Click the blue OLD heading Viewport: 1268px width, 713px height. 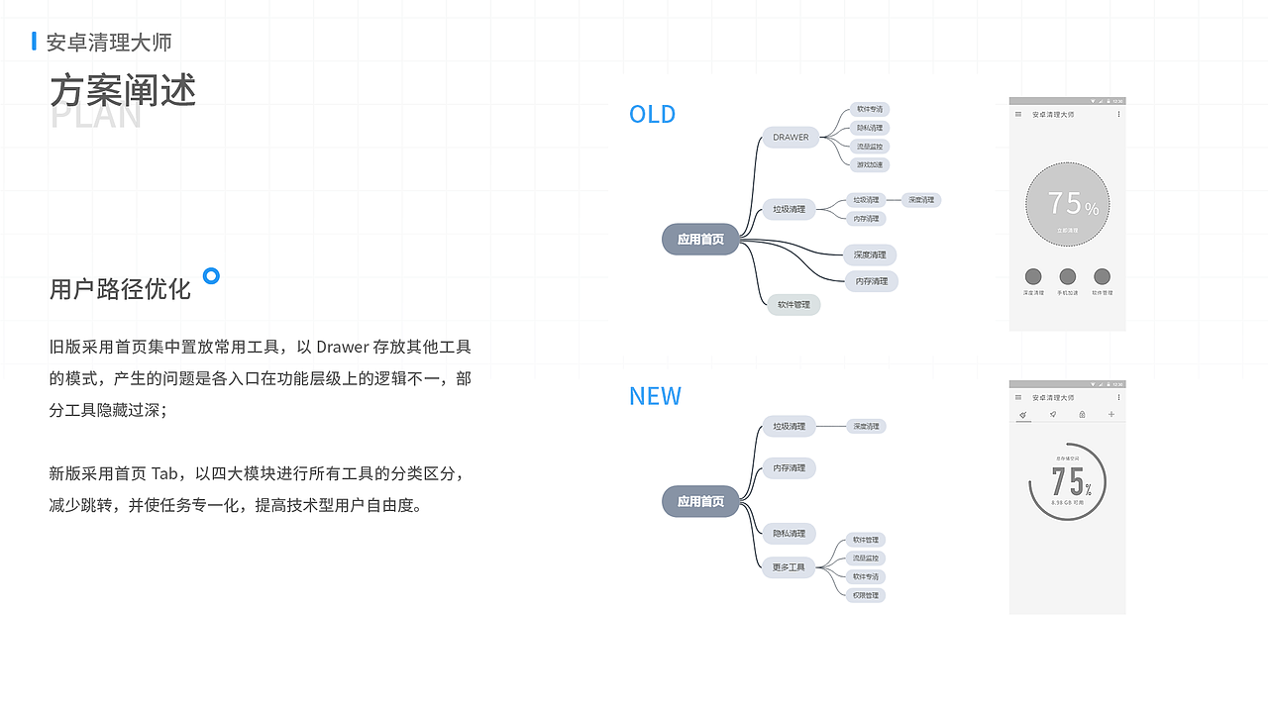click(x=652, y=114)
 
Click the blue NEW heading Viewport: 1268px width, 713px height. click(x=655, y=396)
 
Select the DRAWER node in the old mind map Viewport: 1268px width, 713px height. click(x=791, y=138)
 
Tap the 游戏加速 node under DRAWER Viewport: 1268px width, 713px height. click(x=870, y=165)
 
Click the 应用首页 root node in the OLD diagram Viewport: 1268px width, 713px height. click(x=700, y=240)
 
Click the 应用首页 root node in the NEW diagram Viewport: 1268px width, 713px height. click(x=700, y=502)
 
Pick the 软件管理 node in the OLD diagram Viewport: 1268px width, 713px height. click(x=793, y=305)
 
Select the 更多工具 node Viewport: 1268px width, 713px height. click(x=790, y=567)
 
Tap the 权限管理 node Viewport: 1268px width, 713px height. click(x=867, y=595)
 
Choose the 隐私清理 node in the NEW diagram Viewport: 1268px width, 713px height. click(x=790, y=534)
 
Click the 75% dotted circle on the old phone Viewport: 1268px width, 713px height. click(x=1067, y=204)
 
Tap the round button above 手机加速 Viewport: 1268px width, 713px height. click(x=1067, y=276)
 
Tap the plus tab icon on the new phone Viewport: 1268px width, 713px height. click(x=1111, y=414)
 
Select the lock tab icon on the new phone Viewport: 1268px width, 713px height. click(x=1082, y=414)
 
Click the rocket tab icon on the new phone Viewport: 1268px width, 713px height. click(x=1053, y=414)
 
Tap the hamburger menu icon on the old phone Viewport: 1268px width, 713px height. click(x=1018, y=115)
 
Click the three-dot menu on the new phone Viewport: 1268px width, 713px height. click(x=1119, y=397)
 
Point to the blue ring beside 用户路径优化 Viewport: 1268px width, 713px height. click(x=211, y=275)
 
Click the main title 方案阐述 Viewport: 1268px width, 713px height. click(x=123, y=90)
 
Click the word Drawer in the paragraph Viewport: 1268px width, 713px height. click(x=342, y=347)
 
